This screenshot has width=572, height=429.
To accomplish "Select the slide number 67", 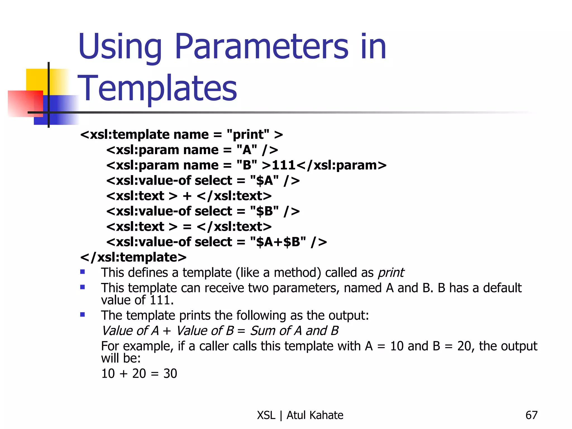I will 531,415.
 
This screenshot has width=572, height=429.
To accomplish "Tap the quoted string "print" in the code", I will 248,135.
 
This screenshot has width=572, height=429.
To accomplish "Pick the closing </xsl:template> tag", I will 133,257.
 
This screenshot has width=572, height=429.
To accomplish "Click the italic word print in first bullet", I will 391,273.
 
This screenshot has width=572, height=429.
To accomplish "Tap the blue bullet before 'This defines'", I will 82,272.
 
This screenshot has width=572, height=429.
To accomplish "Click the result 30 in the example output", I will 170,374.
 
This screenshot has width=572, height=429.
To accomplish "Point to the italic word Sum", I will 263,331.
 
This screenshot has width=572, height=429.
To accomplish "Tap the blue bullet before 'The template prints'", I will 82,315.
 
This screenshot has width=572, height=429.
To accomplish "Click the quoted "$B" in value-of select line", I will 264,211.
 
